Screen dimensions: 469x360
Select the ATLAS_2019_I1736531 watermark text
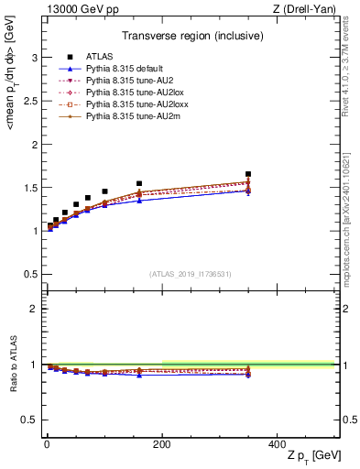pos(190,274)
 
